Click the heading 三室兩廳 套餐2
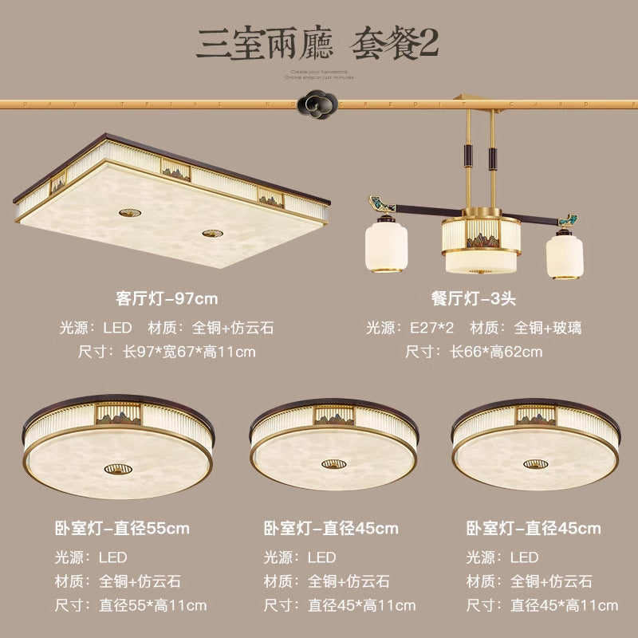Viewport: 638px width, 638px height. click(318, 43)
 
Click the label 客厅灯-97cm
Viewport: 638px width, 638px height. click(166, 299)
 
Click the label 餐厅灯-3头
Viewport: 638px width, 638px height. click(474, 299)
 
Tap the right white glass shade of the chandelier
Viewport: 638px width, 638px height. click(564, 253)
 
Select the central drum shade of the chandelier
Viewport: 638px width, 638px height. click(480, 242)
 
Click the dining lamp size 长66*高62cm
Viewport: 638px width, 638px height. click(474, 351)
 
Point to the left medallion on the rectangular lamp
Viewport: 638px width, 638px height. click(128, 212)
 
